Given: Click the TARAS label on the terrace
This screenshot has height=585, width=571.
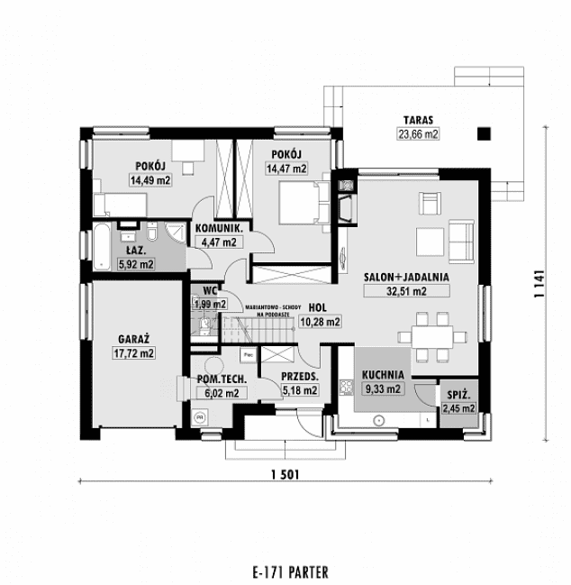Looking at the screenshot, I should (418, 120).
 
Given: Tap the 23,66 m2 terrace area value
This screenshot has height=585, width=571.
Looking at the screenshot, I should (418, 135).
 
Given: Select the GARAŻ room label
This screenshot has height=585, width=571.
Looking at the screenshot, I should (133, 339).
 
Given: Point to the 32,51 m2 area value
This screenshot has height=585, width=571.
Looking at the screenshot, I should (394, 291).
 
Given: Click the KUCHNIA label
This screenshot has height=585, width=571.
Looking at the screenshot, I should (383, 375).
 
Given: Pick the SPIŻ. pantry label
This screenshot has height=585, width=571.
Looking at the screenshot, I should (457, 395).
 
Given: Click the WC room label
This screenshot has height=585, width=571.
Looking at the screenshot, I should (208, 290).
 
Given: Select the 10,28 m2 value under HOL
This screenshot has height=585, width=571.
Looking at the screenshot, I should (320, 321).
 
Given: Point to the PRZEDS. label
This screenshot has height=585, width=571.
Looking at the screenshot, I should (298, 376).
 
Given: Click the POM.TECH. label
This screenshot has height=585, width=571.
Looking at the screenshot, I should (218, 379).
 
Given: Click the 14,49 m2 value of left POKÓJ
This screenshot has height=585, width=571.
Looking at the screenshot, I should (150, 179).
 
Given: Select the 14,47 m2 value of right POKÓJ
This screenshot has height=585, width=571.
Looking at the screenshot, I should (286, 168).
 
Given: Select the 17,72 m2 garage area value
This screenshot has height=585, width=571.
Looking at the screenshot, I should (133, 354).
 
